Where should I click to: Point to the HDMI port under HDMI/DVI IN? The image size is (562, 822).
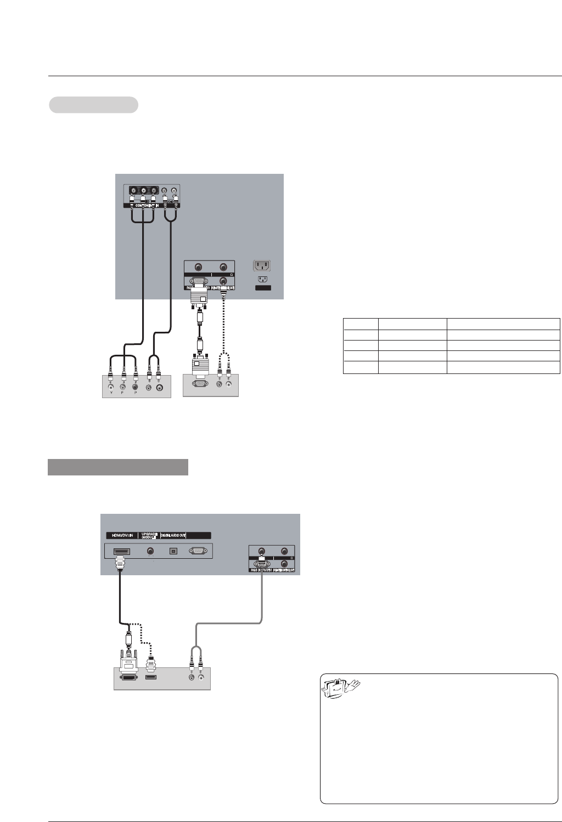point(121,551)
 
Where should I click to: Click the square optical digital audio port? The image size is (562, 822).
point(173,551)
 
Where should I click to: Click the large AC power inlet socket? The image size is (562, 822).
point(262,266)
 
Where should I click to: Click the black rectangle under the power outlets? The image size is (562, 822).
point(262,287)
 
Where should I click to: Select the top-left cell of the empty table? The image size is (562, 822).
point(361,324)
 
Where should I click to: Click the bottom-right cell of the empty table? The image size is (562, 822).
point(503,367)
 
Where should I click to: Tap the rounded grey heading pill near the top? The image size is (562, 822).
point(93,105)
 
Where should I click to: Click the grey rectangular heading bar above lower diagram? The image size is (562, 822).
point(118,467)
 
